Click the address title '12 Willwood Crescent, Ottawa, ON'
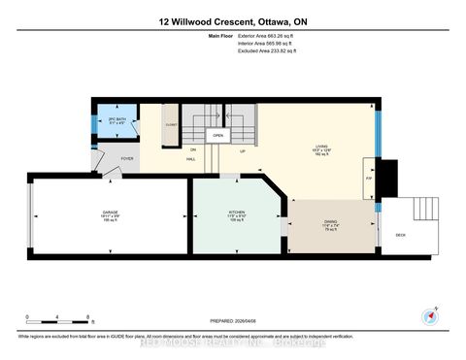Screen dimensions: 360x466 [x=232, y=20]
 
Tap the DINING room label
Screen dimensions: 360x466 [x=330, y=222]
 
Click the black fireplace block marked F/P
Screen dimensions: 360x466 [x=387, y=178]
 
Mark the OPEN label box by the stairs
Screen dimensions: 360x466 [x=218, y=136]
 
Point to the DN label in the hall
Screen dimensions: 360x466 [x=193, y=149]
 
